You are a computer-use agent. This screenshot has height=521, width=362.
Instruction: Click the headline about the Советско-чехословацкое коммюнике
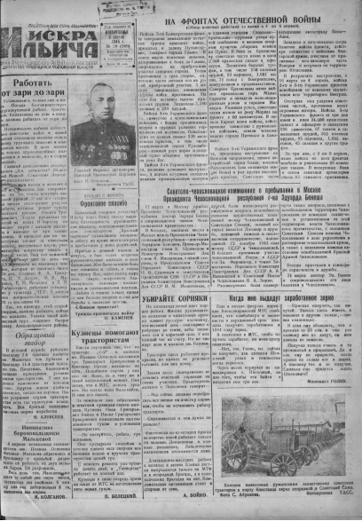pos(251,205)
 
